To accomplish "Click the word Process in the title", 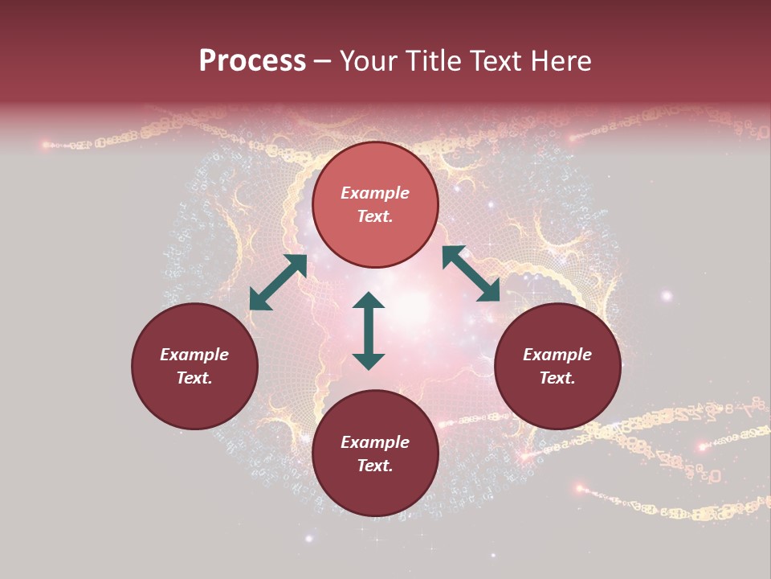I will pyautogui.click(x=252, y=61).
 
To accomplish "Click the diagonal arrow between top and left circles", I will pyautogui.click(x=278, y=282).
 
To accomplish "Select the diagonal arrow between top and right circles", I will pyautogui.click(x=471, y=273).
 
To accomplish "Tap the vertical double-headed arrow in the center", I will pyautogui.click(x=369, y=331).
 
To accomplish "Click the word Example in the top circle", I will pyautogui.click(x=375, y=193).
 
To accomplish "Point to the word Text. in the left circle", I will pyautogui.click(x=194, y=378).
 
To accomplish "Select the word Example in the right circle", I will pyautogui.click(x=557, y=355).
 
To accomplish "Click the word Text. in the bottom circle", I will pyautogui.click(x=375, y=466).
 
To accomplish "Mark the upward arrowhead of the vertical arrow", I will pyautogui.click(x=369, y=301).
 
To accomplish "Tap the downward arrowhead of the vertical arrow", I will pyautogui.click(x=369, y=360).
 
